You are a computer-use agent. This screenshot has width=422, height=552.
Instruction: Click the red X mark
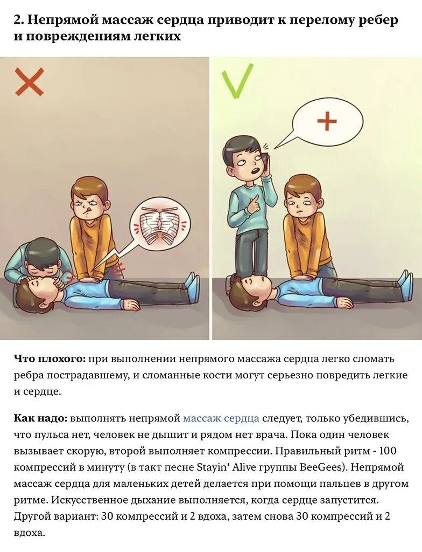(29, 81)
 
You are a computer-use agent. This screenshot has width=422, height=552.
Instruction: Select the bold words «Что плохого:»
(49, 358)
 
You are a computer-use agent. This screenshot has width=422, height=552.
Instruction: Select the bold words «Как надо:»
(40, 418)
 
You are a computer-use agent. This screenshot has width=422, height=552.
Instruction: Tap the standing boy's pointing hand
(253, 204)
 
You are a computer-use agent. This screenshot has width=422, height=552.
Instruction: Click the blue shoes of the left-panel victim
(192, 285)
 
